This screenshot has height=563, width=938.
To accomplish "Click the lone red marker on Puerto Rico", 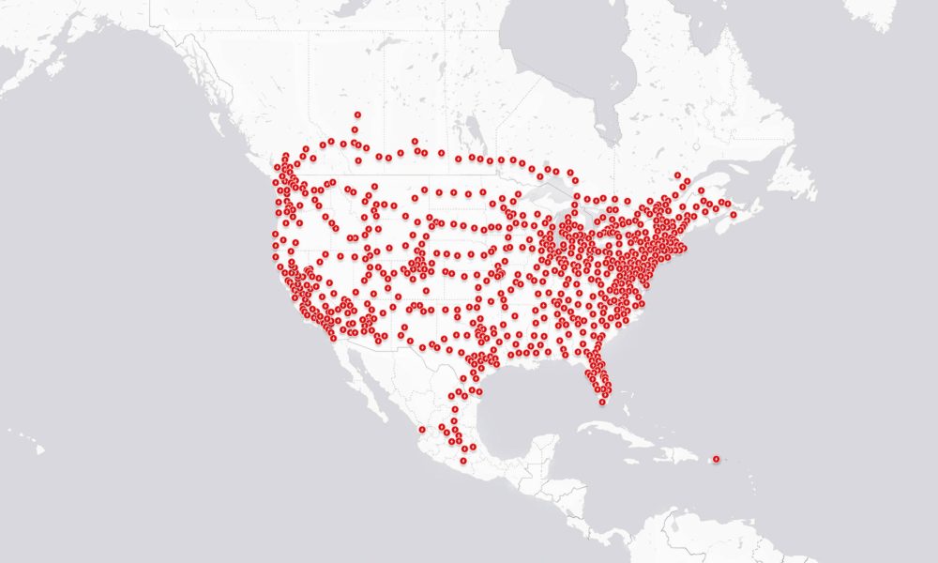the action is coord(716,458).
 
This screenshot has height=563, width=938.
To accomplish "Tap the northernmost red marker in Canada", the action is coord(356,115).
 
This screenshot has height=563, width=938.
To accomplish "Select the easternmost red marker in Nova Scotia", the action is coord(733,215).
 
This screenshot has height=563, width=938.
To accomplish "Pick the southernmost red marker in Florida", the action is coord(603,401).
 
